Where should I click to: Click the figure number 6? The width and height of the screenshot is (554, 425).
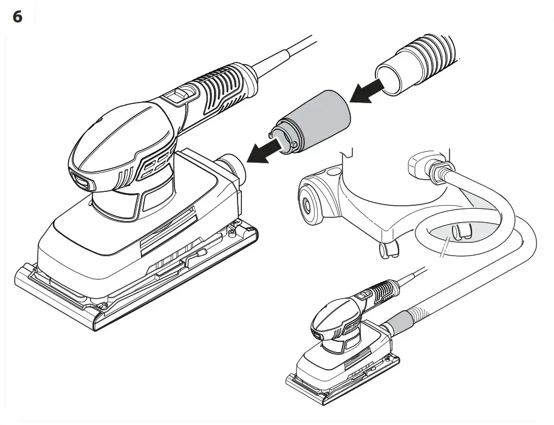point(18,17)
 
